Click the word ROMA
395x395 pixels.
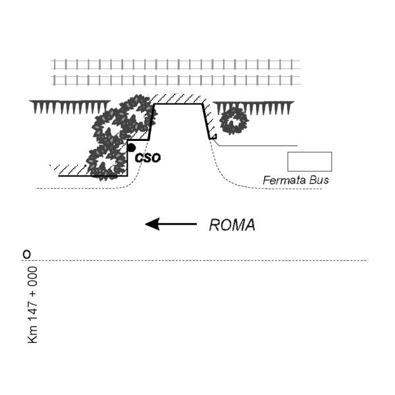coord(232,225)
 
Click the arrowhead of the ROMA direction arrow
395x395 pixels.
coord(153,224)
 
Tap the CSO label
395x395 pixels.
coord(147,158)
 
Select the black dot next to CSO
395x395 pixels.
coord(131,147)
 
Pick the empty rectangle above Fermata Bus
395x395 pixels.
coord(309,161)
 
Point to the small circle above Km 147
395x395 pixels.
coord(26,254)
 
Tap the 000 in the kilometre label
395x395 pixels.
coord(33,276)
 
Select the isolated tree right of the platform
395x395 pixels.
coord(234,121)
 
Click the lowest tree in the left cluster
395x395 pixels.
coord(106,163)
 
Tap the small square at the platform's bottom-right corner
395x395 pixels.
coord(214,136)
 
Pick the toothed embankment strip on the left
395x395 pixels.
coord(70,107)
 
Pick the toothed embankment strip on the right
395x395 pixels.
coord(253,108)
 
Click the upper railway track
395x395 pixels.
coord(176,65)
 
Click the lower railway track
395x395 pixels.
coord(176,80)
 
